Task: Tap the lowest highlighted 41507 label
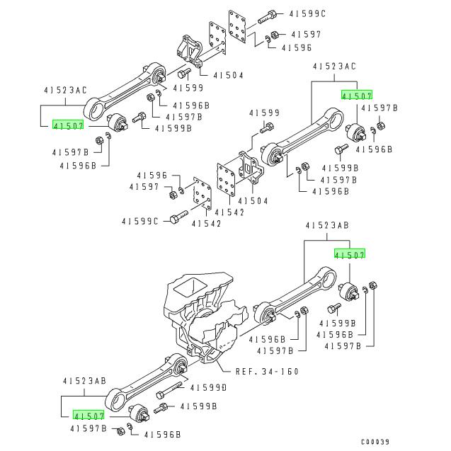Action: tap(89, 416)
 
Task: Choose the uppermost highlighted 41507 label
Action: tap(356, 94)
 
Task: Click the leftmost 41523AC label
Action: tap(65, 91)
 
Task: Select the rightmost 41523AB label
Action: tap(328, 225)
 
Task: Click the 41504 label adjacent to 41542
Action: tap(252, 201)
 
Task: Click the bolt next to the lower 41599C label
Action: tap(178, 217)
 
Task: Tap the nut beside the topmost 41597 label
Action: tap(275, 34)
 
